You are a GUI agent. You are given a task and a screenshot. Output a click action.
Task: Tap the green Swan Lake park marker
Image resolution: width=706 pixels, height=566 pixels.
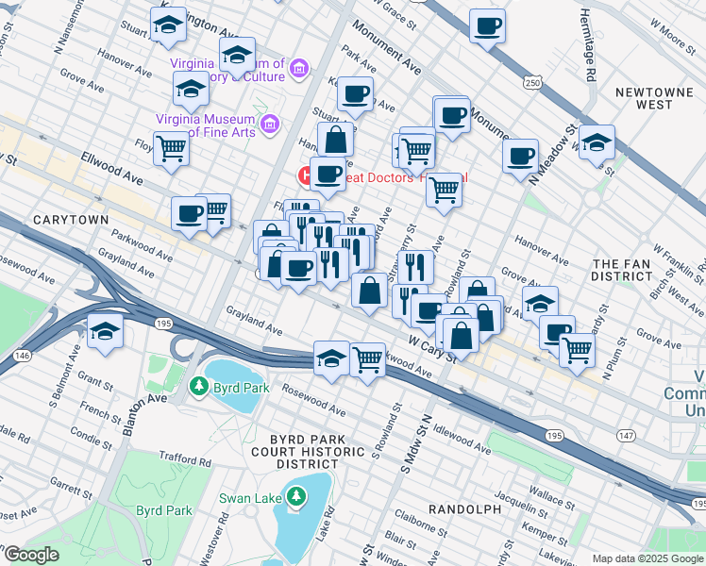296,495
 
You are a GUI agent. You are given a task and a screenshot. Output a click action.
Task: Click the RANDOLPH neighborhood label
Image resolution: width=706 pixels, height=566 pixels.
464,508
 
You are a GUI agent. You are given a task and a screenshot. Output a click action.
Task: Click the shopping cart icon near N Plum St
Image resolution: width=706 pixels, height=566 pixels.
577,351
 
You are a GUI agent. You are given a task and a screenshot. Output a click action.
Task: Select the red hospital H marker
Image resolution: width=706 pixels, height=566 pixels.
306,175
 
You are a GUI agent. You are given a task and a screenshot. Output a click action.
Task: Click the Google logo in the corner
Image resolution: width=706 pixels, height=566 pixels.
31,555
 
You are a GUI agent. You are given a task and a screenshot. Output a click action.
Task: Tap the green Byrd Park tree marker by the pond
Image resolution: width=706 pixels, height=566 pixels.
198,386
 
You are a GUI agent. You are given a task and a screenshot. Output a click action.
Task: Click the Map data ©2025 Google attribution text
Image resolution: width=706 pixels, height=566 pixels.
647,558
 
